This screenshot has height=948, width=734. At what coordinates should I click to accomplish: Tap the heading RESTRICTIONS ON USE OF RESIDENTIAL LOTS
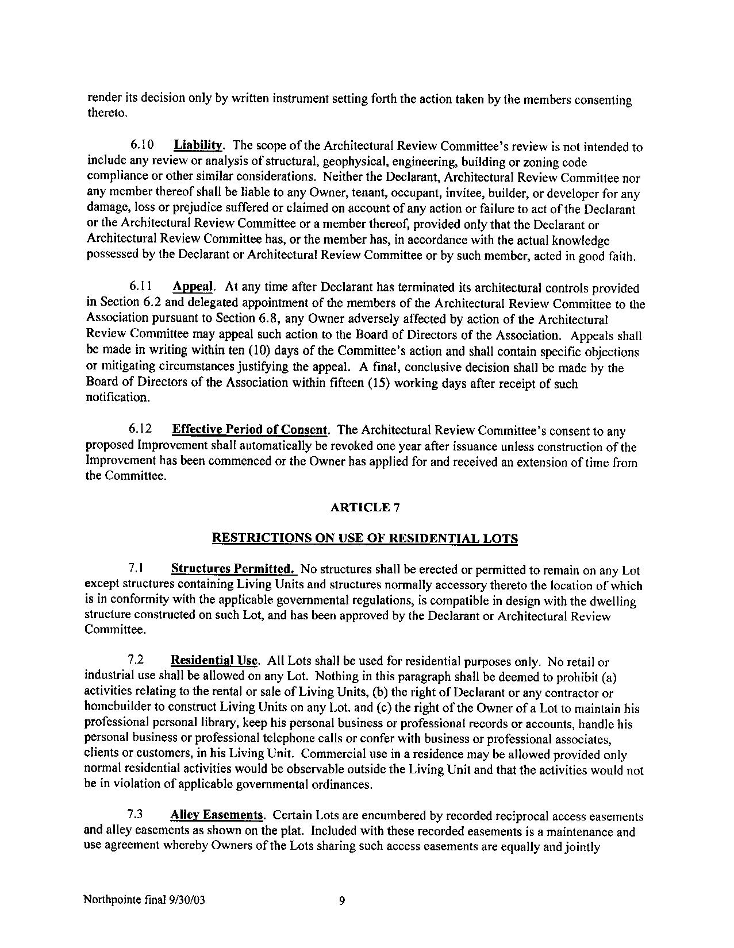click(365, 538)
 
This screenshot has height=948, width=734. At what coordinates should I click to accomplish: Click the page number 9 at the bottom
click(341, 900)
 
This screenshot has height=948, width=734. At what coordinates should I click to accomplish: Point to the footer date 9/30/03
click(186, 900)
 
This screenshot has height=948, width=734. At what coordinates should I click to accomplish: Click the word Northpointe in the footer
click(110, 900)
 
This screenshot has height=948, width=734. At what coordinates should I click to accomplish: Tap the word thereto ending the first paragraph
click(105, 113)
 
